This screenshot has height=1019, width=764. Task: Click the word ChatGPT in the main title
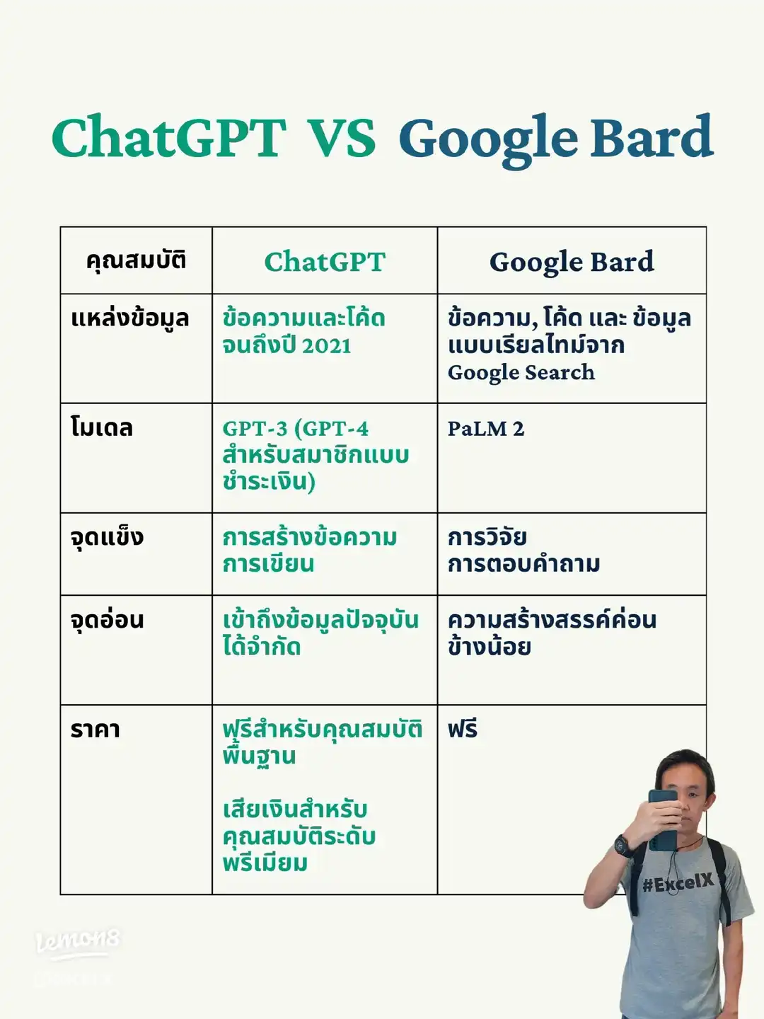pos(168,137)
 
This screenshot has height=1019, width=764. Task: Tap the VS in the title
pos(342,137)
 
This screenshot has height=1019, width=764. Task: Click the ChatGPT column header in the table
pos(325,262)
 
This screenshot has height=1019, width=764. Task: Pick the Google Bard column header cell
pos(572,262)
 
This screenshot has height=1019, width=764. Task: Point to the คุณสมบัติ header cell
pos(136,260)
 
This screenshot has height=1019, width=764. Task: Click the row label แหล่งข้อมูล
pos(130,318)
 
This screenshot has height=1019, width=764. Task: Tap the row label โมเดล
pos(102,428)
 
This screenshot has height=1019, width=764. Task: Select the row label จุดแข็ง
pos(107,537)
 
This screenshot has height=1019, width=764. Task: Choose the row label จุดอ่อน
pos(108,620)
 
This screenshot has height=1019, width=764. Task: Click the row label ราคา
pos(95,730)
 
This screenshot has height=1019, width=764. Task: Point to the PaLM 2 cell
pos(486,429)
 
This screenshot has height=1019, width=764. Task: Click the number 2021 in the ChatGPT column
pos(326,346)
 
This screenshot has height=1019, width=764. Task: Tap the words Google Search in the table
pos(521,372)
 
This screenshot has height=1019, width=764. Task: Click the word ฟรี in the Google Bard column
pos(463,730)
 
